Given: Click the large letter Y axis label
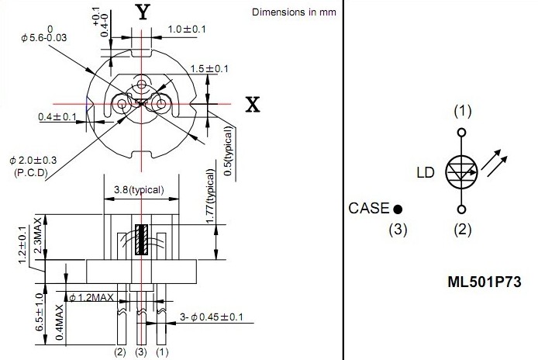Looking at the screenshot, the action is (143, 12).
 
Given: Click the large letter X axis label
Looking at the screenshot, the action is (253, 105).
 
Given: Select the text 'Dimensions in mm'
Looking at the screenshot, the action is (294, 12).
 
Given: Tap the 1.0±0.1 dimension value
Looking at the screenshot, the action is (187, 29).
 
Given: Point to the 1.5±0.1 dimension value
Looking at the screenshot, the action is (209, 69).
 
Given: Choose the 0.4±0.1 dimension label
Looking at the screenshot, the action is (57, 117).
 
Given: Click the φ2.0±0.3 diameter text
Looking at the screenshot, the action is (33, 161).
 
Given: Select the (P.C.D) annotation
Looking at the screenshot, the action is (31, 173).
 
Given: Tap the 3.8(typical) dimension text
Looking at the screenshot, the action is (139, 190).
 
